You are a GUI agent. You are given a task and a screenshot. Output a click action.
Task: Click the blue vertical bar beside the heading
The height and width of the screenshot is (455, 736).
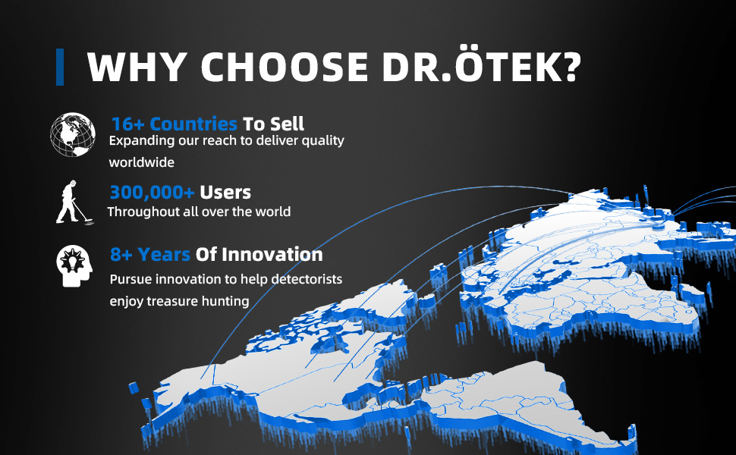point(60,67)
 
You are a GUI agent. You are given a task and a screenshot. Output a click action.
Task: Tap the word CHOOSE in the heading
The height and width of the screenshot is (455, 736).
point(285,67)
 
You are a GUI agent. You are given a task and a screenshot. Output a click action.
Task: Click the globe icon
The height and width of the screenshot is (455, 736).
point(73,135)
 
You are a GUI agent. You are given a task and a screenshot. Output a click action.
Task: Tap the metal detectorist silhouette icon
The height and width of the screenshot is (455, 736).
point(74,202)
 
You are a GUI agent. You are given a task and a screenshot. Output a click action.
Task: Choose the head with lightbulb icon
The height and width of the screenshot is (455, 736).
point(74,266)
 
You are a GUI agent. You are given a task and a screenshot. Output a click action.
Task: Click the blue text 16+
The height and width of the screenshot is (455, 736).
point(127,124)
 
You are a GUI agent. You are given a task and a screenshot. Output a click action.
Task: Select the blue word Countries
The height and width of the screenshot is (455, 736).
point(193,124)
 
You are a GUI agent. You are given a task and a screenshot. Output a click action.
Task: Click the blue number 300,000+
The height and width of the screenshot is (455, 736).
point(152,193)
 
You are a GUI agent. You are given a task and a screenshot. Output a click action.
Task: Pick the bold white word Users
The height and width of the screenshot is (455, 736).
point(225,193)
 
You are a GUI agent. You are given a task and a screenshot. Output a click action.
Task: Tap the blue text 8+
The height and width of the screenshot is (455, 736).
point(121,255)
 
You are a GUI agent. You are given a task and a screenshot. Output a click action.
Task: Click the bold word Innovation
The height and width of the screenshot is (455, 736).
point(272,254)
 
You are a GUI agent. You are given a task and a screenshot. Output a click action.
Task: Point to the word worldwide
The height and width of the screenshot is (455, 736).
point(142,162)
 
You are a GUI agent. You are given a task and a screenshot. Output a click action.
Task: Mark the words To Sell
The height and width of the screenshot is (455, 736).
point(274,124)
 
